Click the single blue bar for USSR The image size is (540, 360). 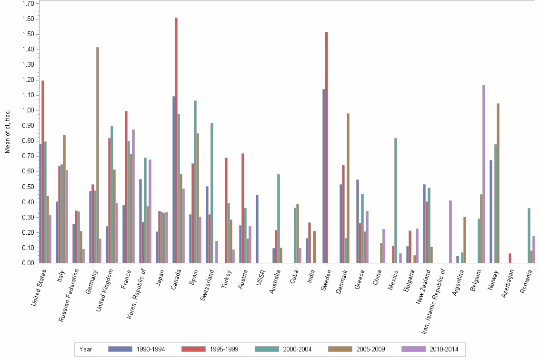pos(257,229)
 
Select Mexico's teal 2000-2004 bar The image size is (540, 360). pos(396,200)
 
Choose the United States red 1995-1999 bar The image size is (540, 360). pos(43,171)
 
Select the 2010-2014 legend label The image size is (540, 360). pos(444,350)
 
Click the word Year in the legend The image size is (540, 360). pos(86,350)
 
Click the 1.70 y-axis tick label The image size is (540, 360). pos(27,4)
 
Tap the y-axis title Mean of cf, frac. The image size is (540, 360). pos(8,131)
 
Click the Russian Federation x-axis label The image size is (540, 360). pos(69,295)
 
